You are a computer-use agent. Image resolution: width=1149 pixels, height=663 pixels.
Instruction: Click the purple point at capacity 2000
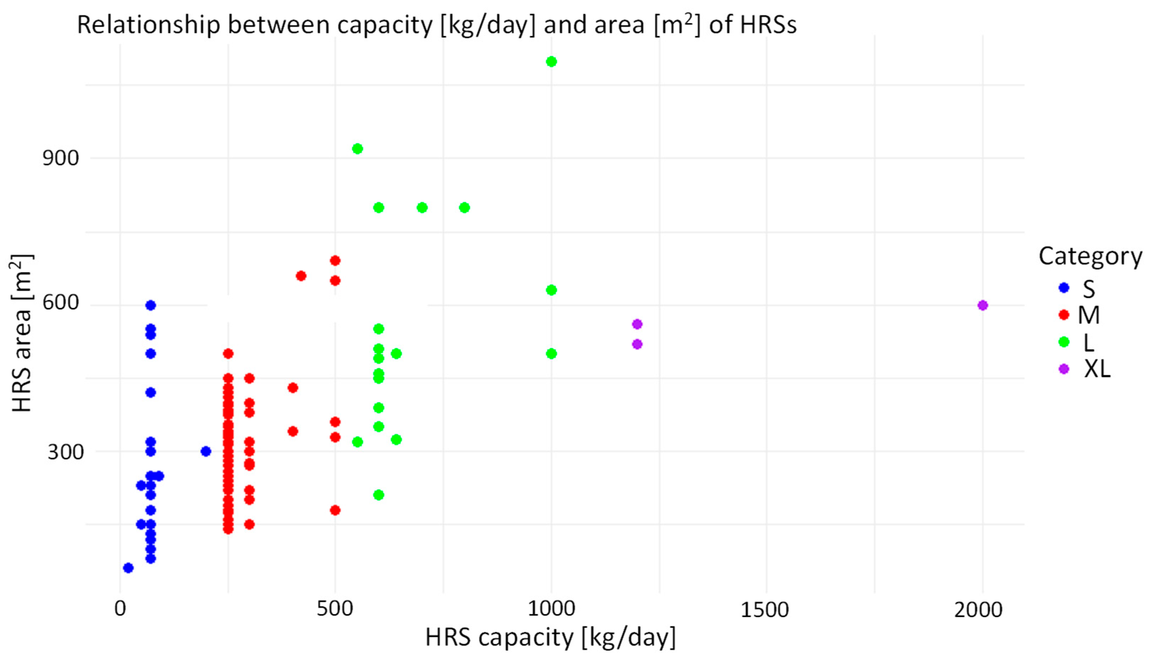[x=982, y=305]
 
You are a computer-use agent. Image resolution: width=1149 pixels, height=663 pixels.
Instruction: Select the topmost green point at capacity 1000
[x=551, y=61]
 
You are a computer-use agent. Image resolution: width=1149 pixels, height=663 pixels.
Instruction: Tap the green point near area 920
[x=357, y=148]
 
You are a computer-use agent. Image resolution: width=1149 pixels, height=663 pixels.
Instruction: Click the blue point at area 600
[x=151, y=305]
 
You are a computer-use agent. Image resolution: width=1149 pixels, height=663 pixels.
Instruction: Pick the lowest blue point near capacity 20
[x=128, y=568]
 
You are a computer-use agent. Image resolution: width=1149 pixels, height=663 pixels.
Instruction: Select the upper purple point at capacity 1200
[x=637, y=324]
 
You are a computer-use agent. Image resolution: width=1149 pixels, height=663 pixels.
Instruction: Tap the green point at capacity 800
[x=464, y=208]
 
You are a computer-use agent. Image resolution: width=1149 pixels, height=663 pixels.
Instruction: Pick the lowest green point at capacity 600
[x=378, y=494]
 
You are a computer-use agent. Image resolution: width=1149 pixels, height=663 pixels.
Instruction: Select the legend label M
[x=1088, y=315]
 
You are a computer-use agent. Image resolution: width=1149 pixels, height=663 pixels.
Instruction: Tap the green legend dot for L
[x=1064, y=342]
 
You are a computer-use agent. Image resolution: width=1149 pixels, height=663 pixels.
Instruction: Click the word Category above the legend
[x=1090, y=256]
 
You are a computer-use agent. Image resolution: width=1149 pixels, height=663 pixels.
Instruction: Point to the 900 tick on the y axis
[x=61, y=158]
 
